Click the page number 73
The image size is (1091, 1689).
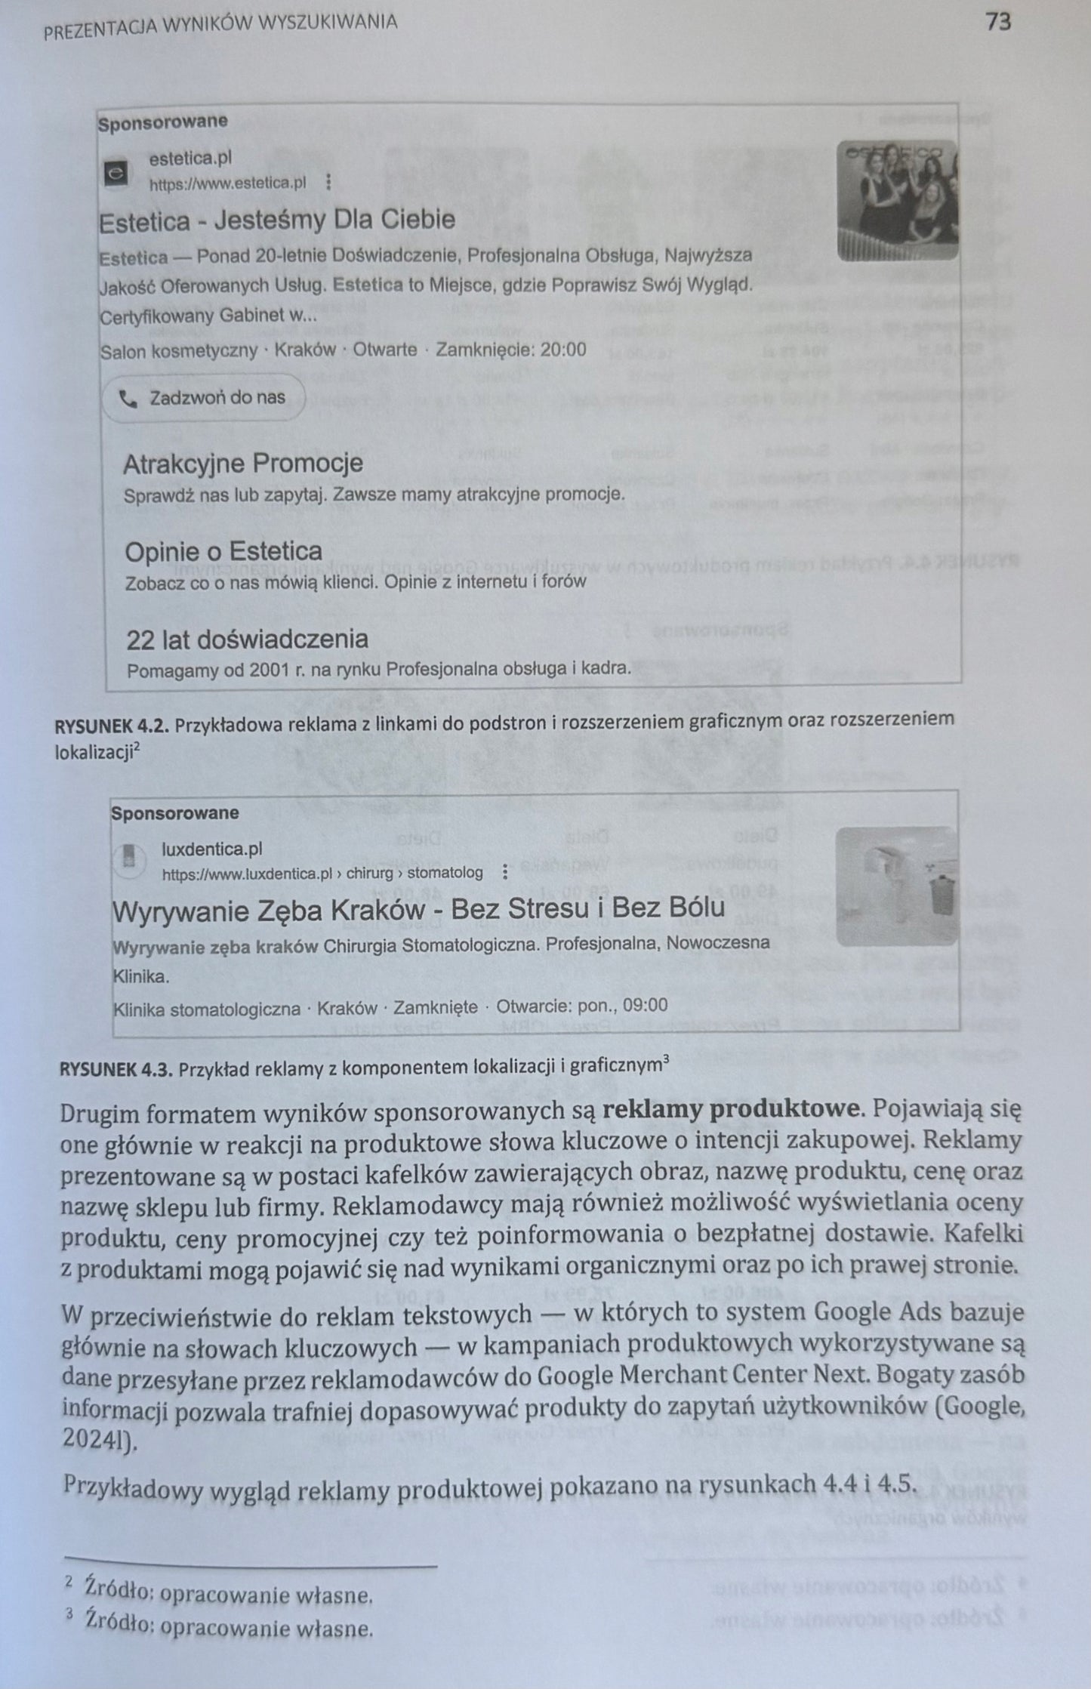[997, 22]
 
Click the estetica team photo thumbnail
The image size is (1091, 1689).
[897, 201]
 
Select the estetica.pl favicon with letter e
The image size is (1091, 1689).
[116, 172]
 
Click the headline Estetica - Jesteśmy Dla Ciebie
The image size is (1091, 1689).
[277, 220]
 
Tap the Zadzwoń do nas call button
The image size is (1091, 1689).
[204, 397]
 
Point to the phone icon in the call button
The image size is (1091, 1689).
[128, 399]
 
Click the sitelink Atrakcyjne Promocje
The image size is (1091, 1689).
[243, 463]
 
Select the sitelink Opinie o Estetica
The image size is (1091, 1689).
[223, 551]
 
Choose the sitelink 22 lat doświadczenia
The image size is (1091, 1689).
[247, 640]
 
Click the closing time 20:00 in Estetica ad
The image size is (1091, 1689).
[562, 349]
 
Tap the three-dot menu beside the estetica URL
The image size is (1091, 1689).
[328, 183]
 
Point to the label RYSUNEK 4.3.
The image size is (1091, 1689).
[116, 1068]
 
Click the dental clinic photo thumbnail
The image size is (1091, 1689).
[897, 886]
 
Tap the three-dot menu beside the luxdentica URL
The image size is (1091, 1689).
[505, 873]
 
